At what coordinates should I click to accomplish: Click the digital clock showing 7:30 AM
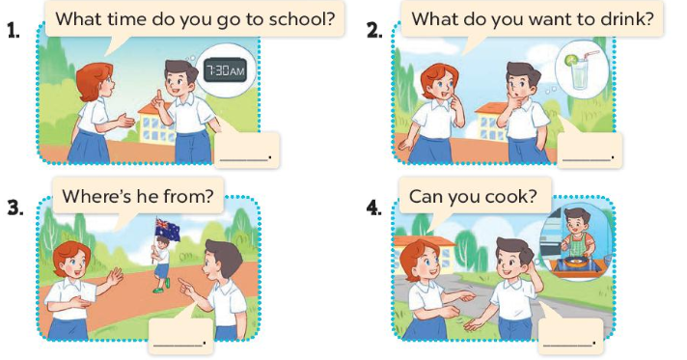click(x=225, y=70)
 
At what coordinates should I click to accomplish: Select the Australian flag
click(x=167, y=230)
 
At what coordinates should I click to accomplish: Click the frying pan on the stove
click(x=572, y=261)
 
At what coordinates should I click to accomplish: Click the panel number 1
click(x=14, y=31)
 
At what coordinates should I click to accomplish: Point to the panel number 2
click(x=373, y=31)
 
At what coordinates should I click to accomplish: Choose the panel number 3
click(x=15, y=208)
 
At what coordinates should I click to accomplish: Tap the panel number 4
click(x=373, y=208)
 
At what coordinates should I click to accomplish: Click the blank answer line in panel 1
click(x=243, y=159)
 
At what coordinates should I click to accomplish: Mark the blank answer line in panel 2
click(x=587, y=159)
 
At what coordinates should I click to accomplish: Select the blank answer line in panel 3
click(x=178, y=345)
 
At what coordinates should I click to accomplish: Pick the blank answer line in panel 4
click(x=567, y=345)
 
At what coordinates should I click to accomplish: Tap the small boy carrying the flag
click(x=161, y=264)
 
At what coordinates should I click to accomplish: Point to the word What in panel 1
click(x=79, y=19)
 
